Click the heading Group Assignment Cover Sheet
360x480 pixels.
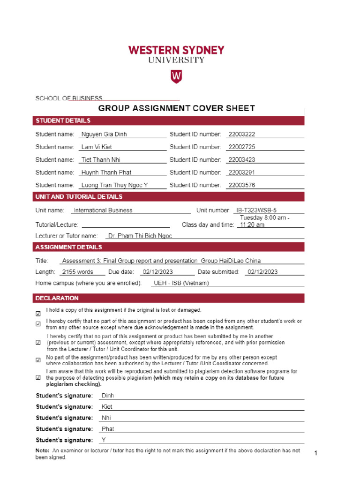tap(176, 108)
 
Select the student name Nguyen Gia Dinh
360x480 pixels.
tap(104, 134)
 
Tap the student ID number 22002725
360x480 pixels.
tap(241, 147)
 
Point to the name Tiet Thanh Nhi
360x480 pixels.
tap(101, 160)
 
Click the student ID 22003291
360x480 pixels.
tap(241, 172)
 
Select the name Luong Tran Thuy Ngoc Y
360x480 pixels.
tap(114, 185)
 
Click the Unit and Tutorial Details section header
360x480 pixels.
tap(79, 196)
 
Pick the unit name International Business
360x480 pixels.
tap(103, 210)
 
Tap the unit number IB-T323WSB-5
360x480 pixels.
tap(259, 210)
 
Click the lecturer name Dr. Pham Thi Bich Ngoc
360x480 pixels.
tap(140, 236)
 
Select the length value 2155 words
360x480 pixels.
tap(78, 272)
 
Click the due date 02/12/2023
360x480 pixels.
tap(158, 272)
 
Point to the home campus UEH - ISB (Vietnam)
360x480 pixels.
tap(181, 283)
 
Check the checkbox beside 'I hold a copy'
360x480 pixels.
tap(38, 314)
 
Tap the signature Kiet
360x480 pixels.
tap(107, 407)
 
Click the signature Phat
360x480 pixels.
tap(108, 429)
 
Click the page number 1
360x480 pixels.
tap(316, 453)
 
